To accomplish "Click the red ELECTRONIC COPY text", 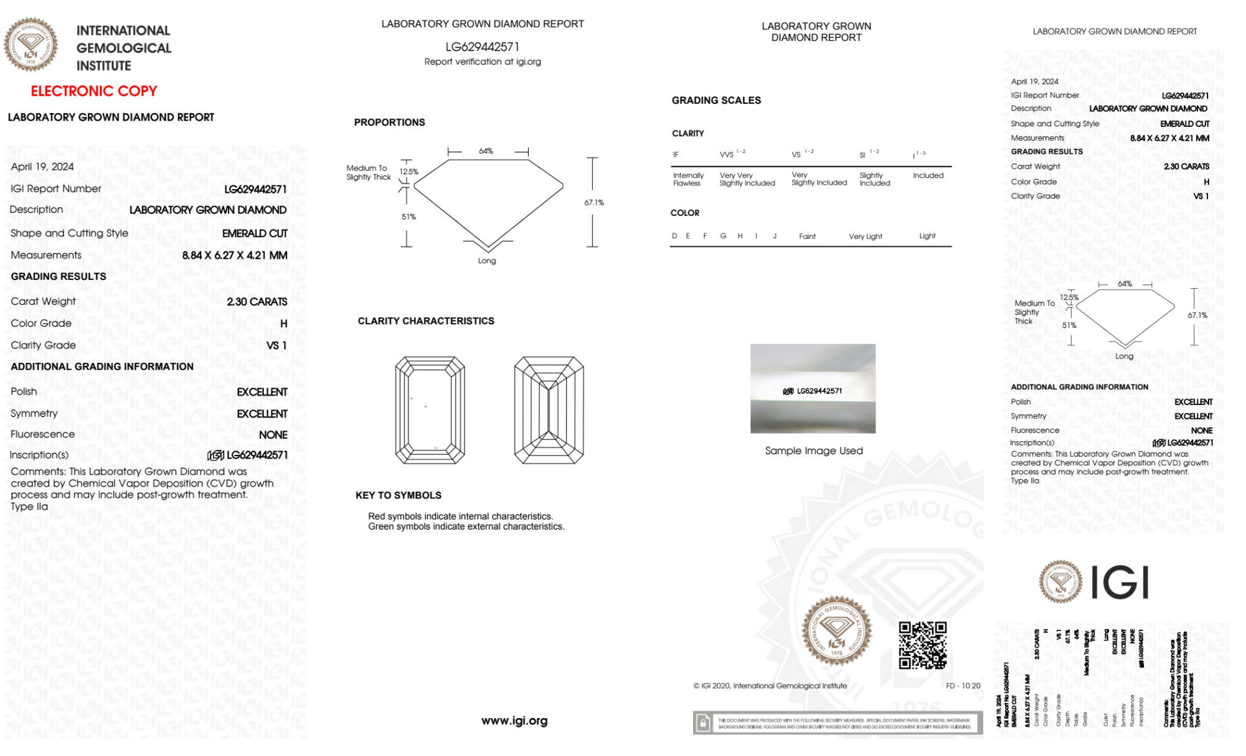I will (x=94, y=91).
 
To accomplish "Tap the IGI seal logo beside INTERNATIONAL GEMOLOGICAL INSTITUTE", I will (x=31, y=45).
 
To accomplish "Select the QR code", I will (x=923, y=645).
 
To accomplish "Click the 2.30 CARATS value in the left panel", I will (x=257, y=302).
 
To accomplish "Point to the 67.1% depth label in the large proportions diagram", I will (x=594, y=202).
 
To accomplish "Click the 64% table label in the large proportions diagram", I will (x=486, y=151).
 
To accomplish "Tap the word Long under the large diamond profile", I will (x=487, y=261).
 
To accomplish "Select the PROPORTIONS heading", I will (x=389, y=123).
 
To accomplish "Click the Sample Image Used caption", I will (x=814, y=450).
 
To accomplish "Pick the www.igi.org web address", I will (x=514, y=721).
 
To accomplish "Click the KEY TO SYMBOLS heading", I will (x=399, y=495).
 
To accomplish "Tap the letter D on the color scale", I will (x=674, y=236).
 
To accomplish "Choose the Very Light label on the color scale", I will (x=865, y=236).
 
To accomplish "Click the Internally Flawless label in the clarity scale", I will (x=688, y=179).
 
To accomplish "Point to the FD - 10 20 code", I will (x=963, y=686).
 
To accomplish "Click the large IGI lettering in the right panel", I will (x=1120, y=583).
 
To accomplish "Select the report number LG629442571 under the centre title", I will (x=482, y=47).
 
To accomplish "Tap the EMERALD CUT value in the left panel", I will (x=255, y=233).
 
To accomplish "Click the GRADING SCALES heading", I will (x=716, y=100).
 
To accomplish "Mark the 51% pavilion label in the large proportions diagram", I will (x=408, y=217).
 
